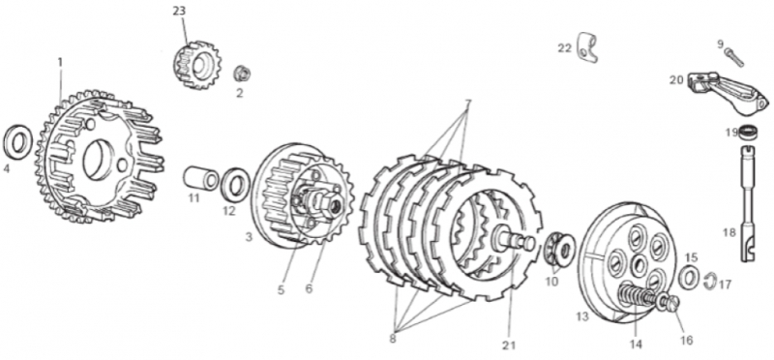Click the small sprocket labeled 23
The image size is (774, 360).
tap(197, 65)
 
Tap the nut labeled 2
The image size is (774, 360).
tap(241, 74)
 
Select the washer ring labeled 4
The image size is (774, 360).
tap(17, 142)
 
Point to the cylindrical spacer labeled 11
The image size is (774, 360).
tap(201, 178)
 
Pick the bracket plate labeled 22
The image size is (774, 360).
tap(587, 47)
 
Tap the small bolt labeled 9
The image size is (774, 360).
tap(734, 57)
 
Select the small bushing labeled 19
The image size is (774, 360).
tap(749, 133)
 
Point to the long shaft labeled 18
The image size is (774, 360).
tap(749, 202)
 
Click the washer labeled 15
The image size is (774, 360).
tap(689, 277)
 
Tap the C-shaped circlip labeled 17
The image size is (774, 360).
tap(710, 281)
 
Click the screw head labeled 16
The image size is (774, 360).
tap(670, 302)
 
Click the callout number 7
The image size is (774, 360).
tap(467, 104)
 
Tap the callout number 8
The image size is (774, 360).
tap(393, 340)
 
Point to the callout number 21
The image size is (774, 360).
tap(509, 345)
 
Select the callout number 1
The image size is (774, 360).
tap(60, 62)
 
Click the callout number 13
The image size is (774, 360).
tap(582, 316)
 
